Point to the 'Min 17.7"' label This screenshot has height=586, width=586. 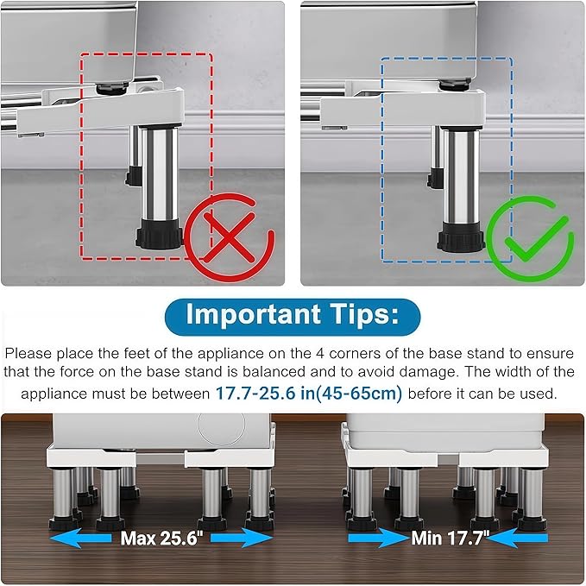pyautogui.click(x=449, y=538)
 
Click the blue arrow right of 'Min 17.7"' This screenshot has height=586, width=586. pyautogui.click(x=520, y=538)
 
